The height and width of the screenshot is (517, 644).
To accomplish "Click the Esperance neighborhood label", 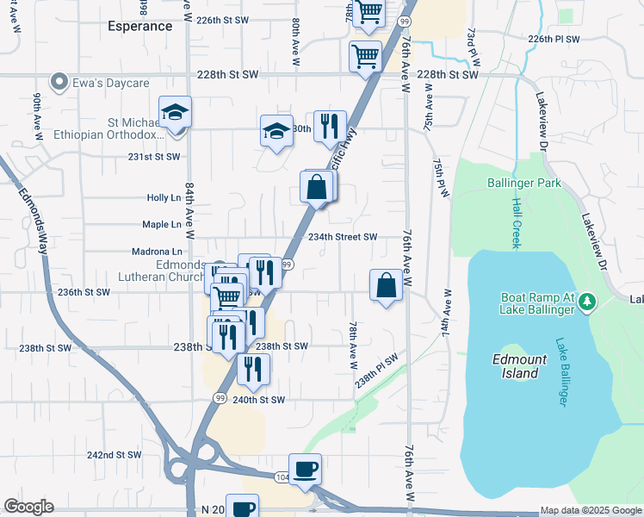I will click(x=140, y=26).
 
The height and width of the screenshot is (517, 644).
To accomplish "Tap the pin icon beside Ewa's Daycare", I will click(x=59, y=83).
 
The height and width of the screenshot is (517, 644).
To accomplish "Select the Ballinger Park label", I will click(x=523, y=183).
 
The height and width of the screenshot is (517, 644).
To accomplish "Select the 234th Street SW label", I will click(x=344, y=237).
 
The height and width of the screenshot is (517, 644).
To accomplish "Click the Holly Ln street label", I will click(x=163, y=197).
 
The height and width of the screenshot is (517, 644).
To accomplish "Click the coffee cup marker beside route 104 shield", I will click(x=306, y=469).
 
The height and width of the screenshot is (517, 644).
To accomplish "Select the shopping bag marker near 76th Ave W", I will click(x=387, y=284).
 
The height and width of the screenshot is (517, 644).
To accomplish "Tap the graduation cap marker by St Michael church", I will click(x=175, y=112).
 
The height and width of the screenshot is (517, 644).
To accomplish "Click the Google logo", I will click(x=28, y=507).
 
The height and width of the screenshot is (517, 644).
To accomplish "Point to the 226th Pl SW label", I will click(x=554, y=40).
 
